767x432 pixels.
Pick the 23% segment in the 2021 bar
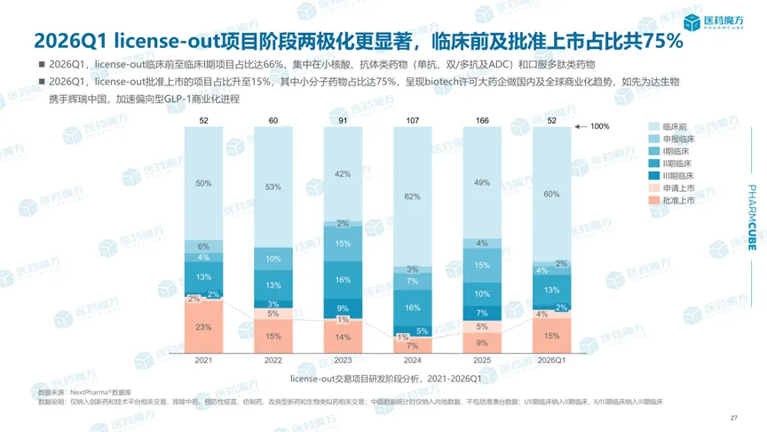(204, 326)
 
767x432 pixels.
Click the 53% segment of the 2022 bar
(273, 187)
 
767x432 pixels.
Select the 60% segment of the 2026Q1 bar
(550, 193)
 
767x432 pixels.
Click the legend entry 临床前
(672, 127)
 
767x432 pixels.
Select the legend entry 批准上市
(674, 203)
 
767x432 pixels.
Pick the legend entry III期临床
(674, 178)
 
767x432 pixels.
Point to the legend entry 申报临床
(674, 140)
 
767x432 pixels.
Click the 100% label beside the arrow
(600, 127)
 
